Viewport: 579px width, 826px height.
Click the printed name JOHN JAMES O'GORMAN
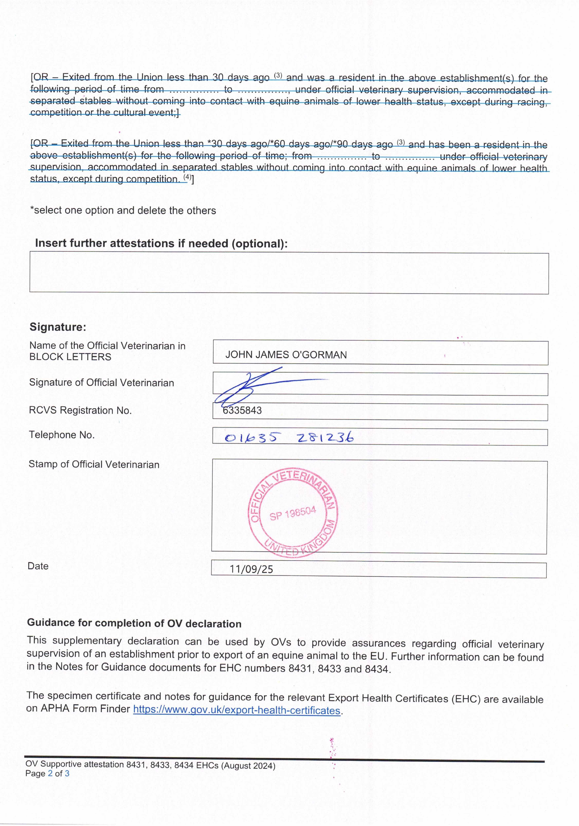tap(286, 355)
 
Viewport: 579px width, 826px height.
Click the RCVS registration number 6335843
tap(242, 411)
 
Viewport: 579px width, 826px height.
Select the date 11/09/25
tap(251, 569)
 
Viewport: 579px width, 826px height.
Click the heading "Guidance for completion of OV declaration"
tap(134, 623)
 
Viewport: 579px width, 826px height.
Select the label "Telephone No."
tap(61, 435)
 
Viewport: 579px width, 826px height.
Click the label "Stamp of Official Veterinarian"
tap(94, 464)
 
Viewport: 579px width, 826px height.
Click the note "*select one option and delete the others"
tap(123, 210)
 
